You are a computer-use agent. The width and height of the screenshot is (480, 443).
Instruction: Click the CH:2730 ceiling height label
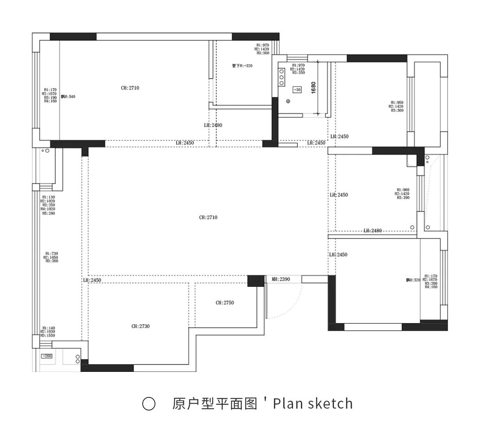coord(140,326)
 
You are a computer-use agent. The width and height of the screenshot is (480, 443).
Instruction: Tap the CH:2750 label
coord(225,303)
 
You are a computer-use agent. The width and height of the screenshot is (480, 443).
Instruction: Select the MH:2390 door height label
coord(281,279)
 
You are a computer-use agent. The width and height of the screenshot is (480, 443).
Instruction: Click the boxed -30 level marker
coord(297,89)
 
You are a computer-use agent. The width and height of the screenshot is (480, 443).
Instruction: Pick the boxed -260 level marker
coord(47,356)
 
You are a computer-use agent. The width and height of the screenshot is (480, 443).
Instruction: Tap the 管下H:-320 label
coord(242,66)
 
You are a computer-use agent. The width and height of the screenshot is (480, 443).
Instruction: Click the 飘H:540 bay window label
coord(68,97)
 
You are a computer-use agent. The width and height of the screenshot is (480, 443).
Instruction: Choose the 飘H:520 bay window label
coord(413,280)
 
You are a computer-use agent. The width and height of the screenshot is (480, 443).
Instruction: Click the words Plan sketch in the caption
coord(313,403)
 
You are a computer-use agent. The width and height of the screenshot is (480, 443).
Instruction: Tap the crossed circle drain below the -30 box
coord(288,101)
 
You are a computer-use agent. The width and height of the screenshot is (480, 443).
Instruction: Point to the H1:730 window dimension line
coord(51,253)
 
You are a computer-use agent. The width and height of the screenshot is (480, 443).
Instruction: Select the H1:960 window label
coord(403,190)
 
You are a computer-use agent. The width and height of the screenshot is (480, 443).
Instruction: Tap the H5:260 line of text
coord(49,213)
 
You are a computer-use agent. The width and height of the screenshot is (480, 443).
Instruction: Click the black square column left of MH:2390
coord(255,281)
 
